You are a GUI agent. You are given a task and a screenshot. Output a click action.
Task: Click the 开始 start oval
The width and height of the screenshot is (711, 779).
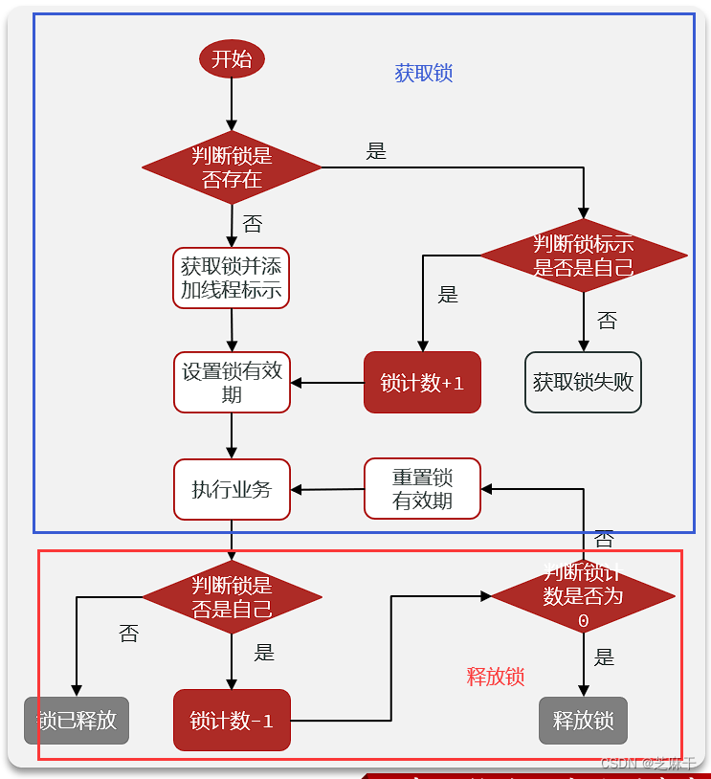point(232,59)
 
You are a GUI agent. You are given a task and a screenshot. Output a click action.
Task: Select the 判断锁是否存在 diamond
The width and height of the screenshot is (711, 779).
point(232,167)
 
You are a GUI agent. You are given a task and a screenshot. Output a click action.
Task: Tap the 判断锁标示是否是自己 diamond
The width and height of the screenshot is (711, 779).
point(583,256)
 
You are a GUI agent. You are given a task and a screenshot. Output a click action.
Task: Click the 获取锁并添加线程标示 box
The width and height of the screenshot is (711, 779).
point(232,278)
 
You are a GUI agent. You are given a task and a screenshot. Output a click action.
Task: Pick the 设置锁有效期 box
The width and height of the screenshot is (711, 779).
point(232,383)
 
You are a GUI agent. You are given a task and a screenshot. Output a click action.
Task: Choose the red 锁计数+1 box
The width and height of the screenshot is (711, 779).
point(422,383)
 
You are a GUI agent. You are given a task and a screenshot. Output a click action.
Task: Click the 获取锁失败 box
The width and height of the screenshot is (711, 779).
point(583,383)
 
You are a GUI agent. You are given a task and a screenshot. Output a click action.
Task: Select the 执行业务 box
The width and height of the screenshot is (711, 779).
point(232,490)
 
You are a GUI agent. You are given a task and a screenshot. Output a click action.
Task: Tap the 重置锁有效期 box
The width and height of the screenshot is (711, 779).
point(422,489)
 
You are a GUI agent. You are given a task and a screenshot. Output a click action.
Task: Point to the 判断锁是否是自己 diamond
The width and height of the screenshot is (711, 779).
point(232,597)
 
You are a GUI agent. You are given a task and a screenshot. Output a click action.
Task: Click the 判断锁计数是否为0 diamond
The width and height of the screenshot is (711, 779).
point(583,596)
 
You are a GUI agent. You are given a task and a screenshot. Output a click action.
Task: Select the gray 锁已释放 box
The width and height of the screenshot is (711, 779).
point(77,721)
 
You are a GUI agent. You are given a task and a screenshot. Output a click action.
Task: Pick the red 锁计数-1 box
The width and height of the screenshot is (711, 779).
point(232,721)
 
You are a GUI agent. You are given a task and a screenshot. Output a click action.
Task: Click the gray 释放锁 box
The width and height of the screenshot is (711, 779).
point(583,721)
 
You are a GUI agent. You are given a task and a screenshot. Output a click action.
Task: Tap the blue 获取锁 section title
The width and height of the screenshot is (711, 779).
point(424,74)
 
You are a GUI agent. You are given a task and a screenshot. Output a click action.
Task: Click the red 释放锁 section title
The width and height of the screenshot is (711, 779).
point(496,677)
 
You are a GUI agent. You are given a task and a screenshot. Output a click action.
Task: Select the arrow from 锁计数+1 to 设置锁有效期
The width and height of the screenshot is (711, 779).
point(326,383)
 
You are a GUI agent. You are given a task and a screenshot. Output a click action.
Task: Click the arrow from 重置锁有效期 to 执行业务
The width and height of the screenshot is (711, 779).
point(326,490)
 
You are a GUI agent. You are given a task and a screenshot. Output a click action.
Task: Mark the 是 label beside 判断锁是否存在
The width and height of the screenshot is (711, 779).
point(376,151)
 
